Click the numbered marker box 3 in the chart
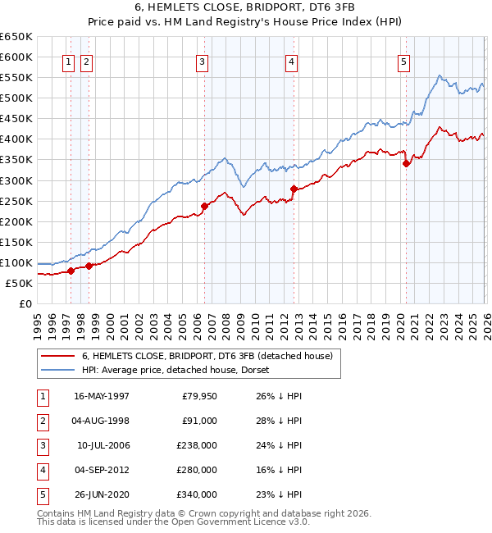[202, 60]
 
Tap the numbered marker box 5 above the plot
[404, 60]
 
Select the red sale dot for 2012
[293, 189]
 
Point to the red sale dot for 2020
[406, 163]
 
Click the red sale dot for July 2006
[204, 206]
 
